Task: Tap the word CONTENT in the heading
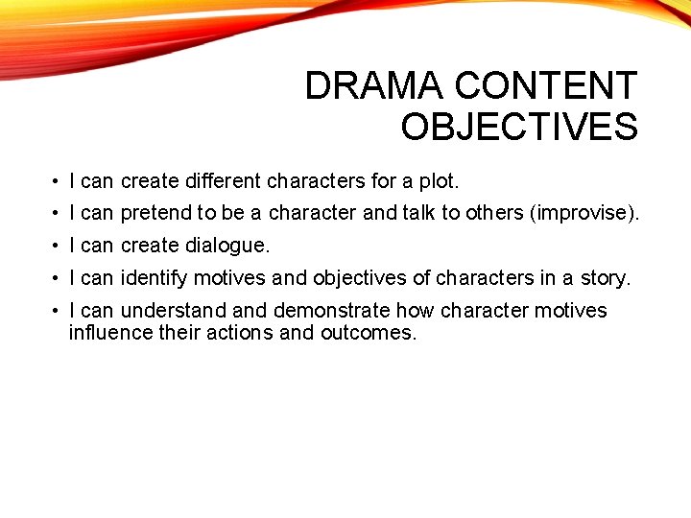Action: pyautogui.click(x=546, y=86)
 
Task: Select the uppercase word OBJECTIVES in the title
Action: pyautogui.click(x=519, y=127)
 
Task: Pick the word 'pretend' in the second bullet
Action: pyautogui.click(x=155, y=213)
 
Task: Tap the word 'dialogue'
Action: pyautogui.click(x=227, y=246)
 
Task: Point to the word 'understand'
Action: pyautogui.click(x=174, y=311)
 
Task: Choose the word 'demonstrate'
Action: pyautogui.click(x=332, y=311)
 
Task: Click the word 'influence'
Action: pyautogui.click(x=108, y=334)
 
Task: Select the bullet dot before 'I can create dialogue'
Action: pyautogui.click(x=58, y=247)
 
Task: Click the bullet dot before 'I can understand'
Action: pyautogui.click(x=58, y=312)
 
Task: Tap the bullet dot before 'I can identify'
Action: pyautogui.click(x=58, y=279)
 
